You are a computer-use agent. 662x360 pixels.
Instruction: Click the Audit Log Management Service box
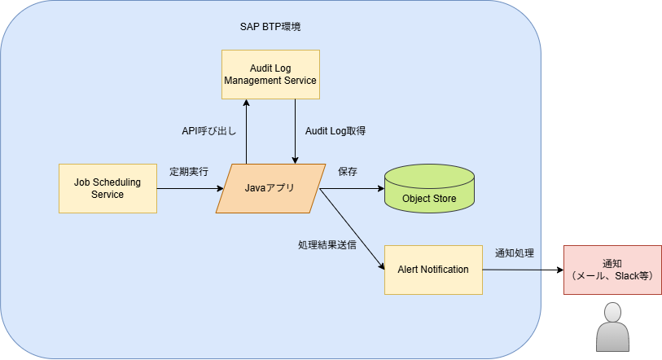tap(270, 74)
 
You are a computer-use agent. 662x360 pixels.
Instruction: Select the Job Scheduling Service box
tap(107, 188)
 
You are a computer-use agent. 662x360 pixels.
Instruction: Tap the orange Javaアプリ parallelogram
tap(270, 188)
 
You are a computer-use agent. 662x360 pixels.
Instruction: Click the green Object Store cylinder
tap(429, 188)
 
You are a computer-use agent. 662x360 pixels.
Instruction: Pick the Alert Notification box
tap(433, 270)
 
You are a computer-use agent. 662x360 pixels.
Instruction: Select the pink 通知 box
tap(612, 270)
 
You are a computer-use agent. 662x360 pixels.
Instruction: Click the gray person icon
tap(612, 327)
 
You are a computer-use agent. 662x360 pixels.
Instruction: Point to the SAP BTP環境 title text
tap(270, 27)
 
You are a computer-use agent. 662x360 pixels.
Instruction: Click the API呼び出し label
tap(209, 131)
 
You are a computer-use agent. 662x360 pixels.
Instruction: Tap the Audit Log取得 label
tap(335, 131)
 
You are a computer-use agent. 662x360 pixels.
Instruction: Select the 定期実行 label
tap(189, 172)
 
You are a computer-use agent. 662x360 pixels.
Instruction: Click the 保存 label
tap(348, 172)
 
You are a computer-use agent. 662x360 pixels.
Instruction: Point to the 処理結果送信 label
tap(327, 245)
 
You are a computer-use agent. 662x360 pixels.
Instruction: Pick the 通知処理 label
tap(515, 253)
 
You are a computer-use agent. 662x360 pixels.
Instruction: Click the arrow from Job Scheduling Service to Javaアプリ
tap(190, 188)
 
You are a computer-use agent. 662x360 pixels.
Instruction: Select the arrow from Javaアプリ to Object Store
tap(352, 188)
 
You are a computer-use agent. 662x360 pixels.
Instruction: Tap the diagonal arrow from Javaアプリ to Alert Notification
tap(352, 229)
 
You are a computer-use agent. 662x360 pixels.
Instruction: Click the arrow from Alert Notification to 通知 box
tap(523, 270)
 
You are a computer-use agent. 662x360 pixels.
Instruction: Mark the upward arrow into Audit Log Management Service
tap(246, 131)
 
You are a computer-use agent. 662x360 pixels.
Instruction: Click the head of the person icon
tap(612, 313)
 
